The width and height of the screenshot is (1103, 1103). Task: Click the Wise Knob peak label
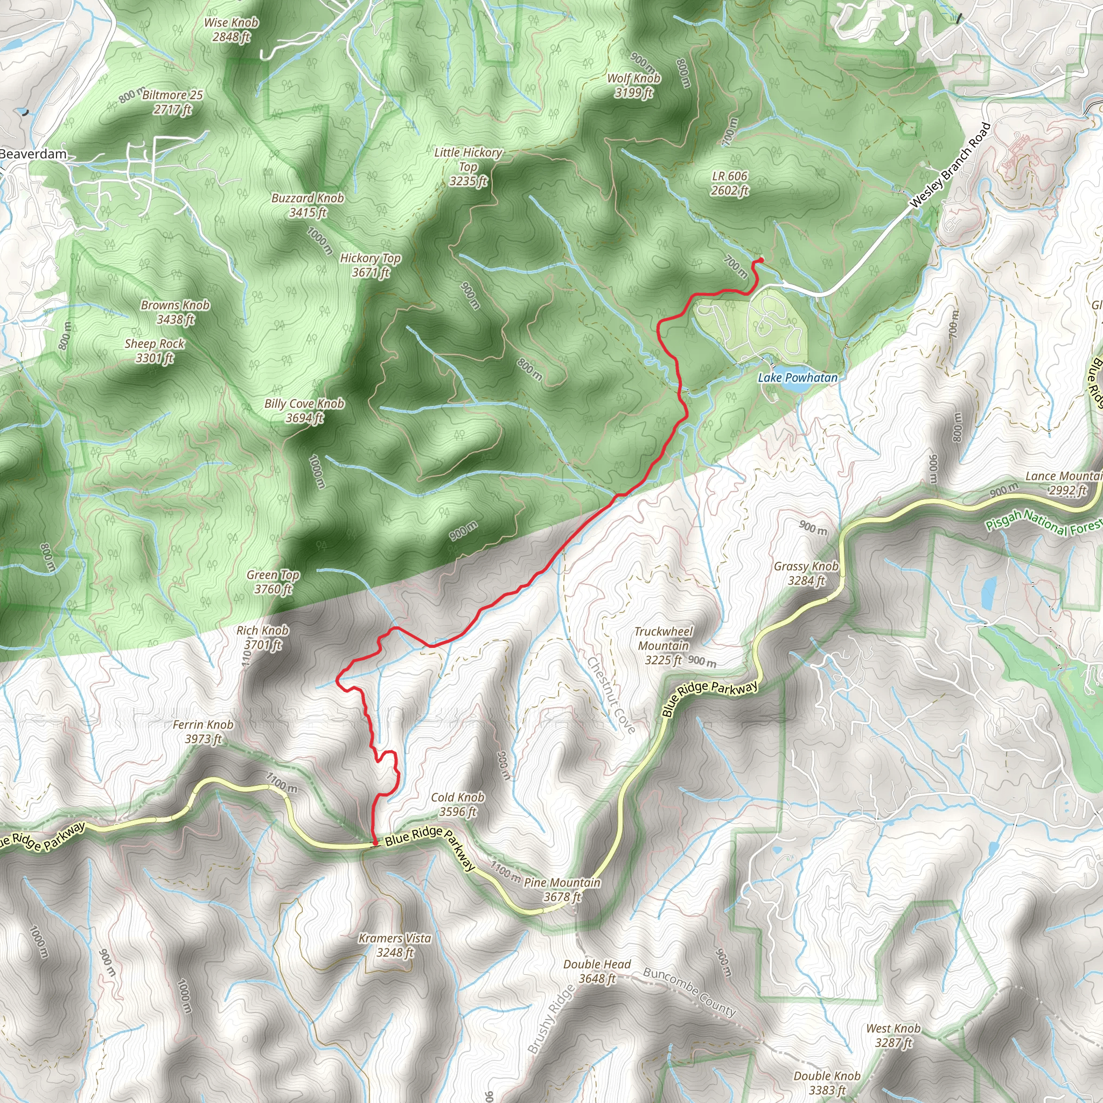click(x=231, y=30)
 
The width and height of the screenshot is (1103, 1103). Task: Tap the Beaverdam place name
click(x=33, y=154)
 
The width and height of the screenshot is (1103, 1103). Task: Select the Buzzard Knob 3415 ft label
click(x=308, y=205)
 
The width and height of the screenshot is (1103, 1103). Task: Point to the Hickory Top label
click(x=371, y=266)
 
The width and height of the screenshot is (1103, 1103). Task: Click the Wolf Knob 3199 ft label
click(x=634, y=85)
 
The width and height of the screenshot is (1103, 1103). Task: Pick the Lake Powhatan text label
click(x=798, y=378)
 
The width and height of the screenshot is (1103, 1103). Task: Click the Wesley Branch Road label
click(x=951, y=164)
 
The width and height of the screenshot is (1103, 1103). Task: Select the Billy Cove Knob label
click(x=304, y=410)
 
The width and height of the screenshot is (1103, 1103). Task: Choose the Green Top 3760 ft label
click(x=273, y=582)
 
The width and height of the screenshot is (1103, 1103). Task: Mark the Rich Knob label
click(x=263, y=637)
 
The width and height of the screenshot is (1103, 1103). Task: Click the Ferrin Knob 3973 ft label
click(x=203, y=731)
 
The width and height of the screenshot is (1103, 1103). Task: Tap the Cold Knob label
click(x=457, y=804)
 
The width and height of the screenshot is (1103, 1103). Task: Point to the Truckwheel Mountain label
click(x=664, y=646)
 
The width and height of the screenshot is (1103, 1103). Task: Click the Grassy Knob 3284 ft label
click(x=806, y=573)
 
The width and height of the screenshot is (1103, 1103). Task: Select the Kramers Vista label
click(x=394, y=945)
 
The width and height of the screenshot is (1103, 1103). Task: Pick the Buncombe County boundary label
click(x=690, y=991)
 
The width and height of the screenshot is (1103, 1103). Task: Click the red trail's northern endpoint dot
click(x=761, y=260)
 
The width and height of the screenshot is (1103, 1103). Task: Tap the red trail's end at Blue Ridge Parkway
click(x=374, y=843)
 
